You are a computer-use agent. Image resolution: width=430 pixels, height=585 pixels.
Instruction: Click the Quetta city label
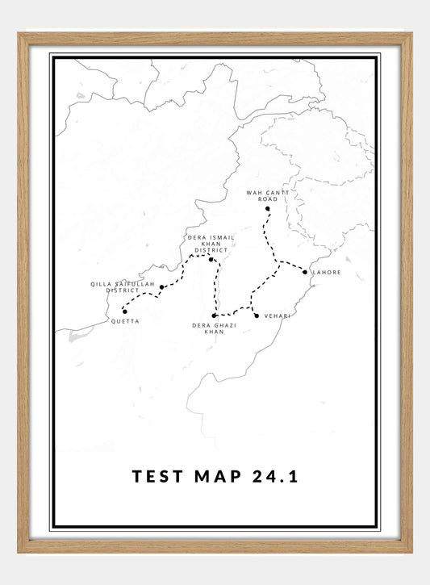(x=125, y=321)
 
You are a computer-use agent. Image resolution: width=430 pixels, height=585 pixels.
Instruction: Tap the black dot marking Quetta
(x=124, y=311)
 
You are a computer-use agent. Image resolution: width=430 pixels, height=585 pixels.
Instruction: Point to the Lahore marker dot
(x=305, y=272)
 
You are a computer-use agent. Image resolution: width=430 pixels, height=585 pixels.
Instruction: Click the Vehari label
(x=276, y=315)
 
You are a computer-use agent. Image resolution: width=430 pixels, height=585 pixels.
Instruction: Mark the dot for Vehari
(x=257, y=315)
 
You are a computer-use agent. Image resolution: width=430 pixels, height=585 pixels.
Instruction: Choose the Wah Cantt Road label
(x=267, y=195)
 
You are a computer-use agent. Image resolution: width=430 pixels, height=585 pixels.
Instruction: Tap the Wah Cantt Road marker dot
(x=267, y=209)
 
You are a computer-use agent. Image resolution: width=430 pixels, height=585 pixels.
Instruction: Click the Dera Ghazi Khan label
(x=214, y=328)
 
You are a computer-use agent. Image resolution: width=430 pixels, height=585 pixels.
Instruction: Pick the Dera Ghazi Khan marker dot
(x=214, y=315)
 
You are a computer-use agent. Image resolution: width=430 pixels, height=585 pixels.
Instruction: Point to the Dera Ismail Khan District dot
(x=211, y=259)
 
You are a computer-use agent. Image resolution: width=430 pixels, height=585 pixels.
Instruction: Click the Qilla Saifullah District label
(x=122, y=287)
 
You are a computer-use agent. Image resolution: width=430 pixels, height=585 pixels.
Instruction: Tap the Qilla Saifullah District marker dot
(x=162, y=286)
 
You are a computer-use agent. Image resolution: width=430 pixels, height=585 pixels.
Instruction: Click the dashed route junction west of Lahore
(x=278, y=261)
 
